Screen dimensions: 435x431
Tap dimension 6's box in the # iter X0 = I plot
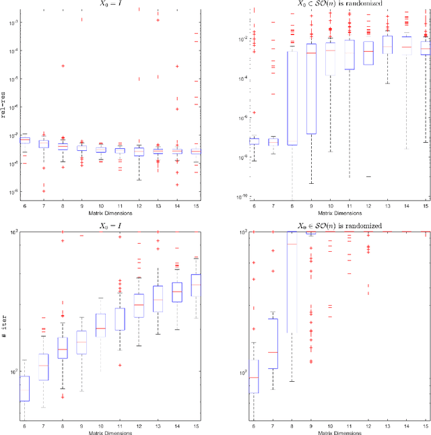click(x=25, y=389)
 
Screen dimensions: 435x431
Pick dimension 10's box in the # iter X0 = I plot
click(x=101, y=325)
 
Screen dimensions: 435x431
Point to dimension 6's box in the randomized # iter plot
click(x=254, y=388)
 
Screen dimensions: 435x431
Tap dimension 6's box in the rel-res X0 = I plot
click(x=25, y=140)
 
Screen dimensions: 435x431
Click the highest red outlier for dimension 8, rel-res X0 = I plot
click(x=63, y=66)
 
